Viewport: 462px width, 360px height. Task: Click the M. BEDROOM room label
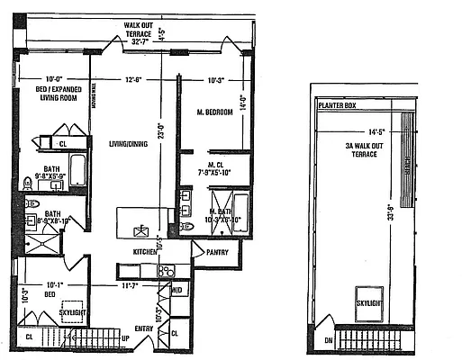(x=215, y=112)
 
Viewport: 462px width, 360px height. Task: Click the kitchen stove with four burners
(x=167, y=269)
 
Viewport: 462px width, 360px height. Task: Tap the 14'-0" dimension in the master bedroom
(x=240, y=103)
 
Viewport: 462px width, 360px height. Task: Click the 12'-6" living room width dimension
(x=135, y=79)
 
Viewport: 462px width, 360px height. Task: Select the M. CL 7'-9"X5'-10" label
(x=215, y=168)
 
